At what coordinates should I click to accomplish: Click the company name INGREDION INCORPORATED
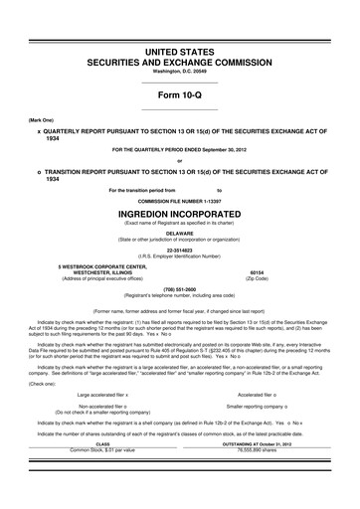coord(179,214)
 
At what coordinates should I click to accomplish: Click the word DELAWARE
coord(179,235)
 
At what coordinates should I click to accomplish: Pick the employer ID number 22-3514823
coord(179,253)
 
